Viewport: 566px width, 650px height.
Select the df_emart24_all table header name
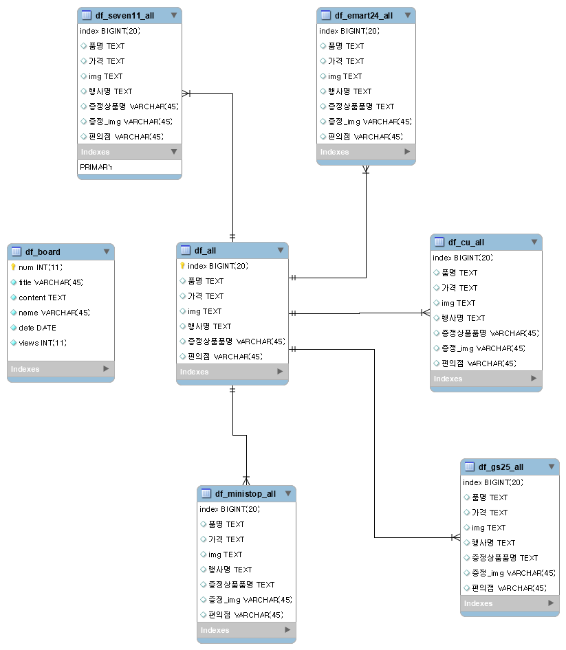coord(364,15)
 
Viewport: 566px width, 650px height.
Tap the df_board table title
coord(43,251)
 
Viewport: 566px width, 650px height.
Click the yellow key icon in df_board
coord(13,267)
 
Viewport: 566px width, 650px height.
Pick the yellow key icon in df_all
coord(182,266)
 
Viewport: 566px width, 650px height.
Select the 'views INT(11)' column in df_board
coord(43,343)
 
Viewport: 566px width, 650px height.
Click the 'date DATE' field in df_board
coord(37,328)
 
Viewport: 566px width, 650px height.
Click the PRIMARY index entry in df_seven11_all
coord(96,167)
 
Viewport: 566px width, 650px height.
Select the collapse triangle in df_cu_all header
coord(534,242)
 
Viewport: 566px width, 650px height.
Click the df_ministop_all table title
coord(245,493)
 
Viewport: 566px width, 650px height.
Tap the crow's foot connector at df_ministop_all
coord(246,480)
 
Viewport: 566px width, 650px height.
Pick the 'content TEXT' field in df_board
coord(42,298)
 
